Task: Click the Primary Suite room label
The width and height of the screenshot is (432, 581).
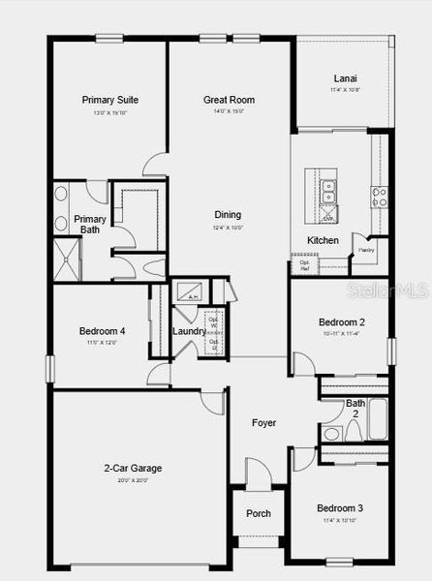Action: [x=108, y=100]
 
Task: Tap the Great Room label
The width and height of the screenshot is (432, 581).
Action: [x=229, y=100]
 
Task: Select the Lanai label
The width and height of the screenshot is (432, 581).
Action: [x=344, y=78]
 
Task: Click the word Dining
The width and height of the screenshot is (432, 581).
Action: [x=228, y=215]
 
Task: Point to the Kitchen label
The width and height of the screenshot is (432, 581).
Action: [x=323, y=240]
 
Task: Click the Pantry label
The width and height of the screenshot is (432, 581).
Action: [x=366, y=250]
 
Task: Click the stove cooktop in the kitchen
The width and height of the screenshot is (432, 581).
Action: [x=379, y=197]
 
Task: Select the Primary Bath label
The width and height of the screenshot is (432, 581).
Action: [x=90, y=225]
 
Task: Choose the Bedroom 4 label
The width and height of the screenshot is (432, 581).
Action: [x=102, y=331]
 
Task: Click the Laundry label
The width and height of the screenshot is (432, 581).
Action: [x=188, y=331]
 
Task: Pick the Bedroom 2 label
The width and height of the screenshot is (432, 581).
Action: [x=342, y=322]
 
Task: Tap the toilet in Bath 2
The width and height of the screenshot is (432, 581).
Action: [x=330, y=433]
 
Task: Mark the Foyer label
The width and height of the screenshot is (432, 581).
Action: [x=263, y=423]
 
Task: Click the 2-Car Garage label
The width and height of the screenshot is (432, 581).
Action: [x=133, y=469]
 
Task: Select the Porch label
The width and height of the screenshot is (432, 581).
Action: [x=259, y=513]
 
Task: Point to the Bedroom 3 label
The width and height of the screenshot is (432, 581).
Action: [x=340, y=508]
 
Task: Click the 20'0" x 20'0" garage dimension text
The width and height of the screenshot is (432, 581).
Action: [x=133, y=480]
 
